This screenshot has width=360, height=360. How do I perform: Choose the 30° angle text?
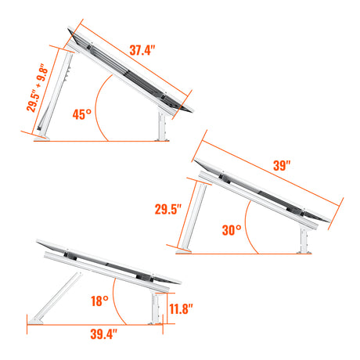click(232, 231)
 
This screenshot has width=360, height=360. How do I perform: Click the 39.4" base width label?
click(102, 335)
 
